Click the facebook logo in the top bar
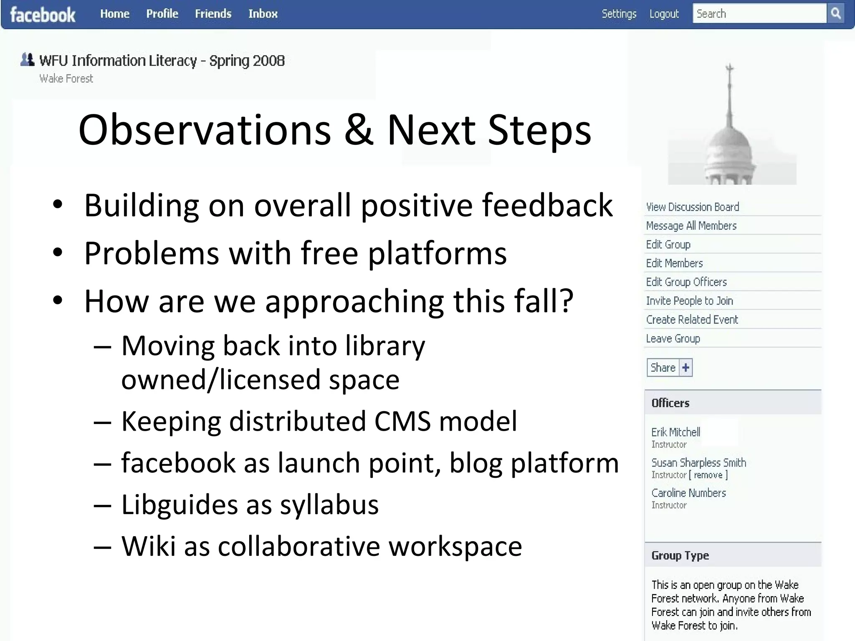43,15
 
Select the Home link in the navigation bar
115,14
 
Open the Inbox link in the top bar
263,14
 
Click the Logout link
664,14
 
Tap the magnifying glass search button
836,13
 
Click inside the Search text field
759,14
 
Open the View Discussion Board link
692,207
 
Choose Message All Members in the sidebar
691,226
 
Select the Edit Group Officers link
686,282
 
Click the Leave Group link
673,338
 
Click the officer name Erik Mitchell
675,432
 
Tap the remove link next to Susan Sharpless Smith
708,475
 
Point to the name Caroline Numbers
688,493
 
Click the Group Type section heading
680,555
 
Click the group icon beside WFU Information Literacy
27,60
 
